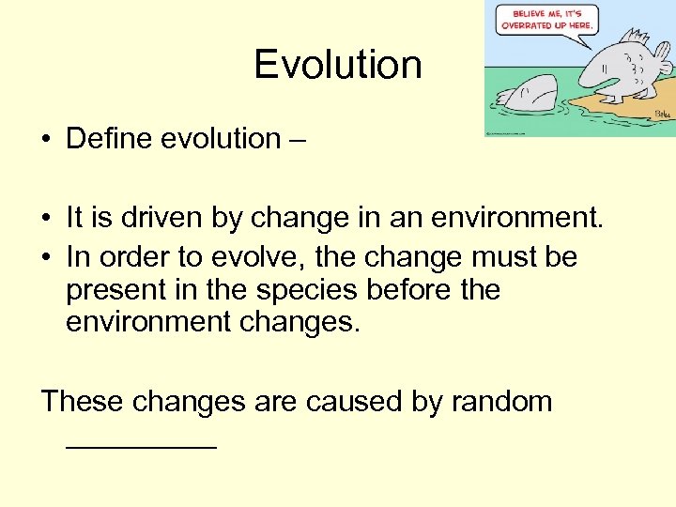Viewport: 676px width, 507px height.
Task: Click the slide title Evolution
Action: pyautogui.click(x=337, y=65)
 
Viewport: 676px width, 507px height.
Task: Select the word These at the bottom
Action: pyautogui.click(x=82, y=402)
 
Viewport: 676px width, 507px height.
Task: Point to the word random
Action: pyautogui.click(x=501, y=402)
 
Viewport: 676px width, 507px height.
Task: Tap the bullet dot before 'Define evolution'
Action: pyautogui.click(x=45, y=140)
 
